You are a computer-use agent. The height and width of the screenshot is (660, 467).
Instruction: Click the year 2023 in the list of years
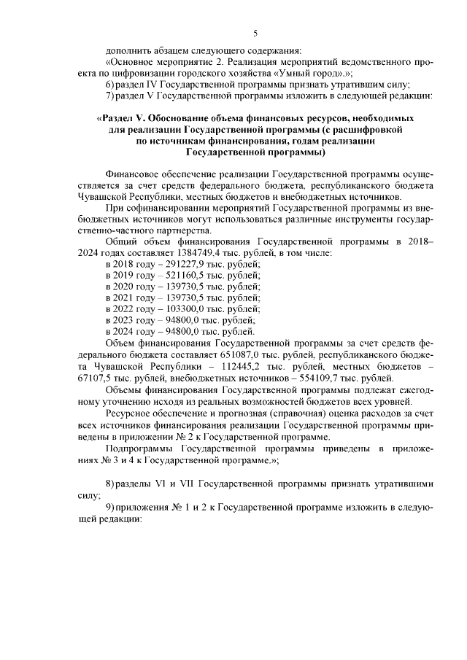[x=128, y=319]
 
